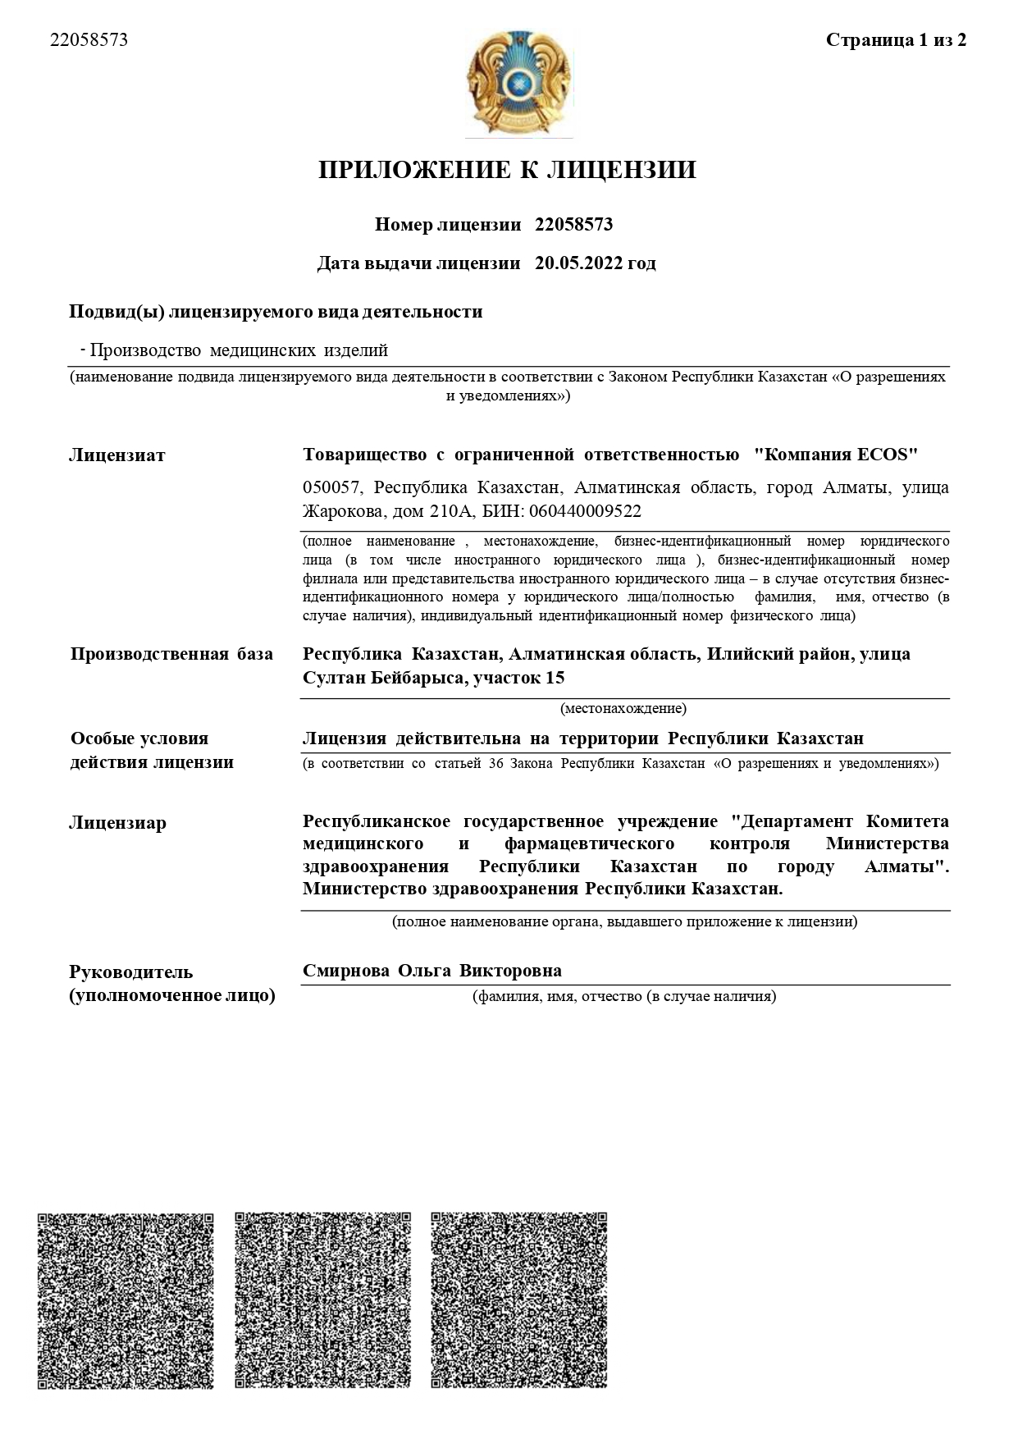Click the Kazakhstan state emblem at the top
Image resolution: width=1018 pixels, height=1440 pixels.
click(518, 83)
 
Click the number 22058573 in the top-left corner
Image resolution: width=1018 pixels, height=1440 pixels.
click(89, 40)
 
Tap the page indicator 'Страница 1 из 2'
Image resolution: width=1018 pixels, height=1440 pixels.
click(896, 40)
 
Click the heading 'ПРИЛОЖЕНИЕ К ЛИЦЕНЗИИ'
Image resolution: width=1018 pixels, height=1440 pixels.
click(507, 170)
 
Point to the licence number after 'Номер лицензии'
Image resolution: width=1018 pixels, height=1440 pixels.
click(573, 225)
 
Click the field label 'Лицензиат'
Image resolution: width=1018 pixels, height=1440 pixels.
click(116, 455)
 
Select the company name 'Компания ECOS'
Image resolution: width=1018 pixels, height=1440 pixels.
click(836, 454)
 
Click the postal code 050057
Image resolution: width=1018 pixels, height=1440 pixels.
click(331, 487)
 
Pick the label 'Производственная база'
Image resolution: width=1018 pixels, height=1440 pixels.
click(171, 654)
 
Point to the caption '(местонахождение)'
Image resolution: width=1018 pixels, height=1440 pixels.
click(623, 708)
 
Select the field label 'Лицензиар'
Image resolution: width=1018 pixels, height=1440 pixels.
click(117, 823)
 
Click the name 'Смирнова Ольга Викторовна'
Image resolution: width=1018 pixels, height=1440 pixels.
click(432, 971)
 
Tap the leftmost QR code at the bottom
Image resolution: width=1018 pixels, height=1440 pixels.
click(126, 1301)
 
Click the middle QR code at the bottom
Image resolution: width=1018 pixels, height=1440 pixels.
click(322, 1301)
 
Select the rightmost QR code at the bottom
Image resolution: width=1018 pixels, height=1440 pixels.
click(519, 1301)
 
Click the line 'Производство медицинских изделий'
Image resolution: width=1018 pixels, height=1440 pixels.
click(239, 351)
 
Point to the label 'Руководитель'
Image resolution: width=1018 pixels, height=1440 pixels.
click(131, 972)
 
